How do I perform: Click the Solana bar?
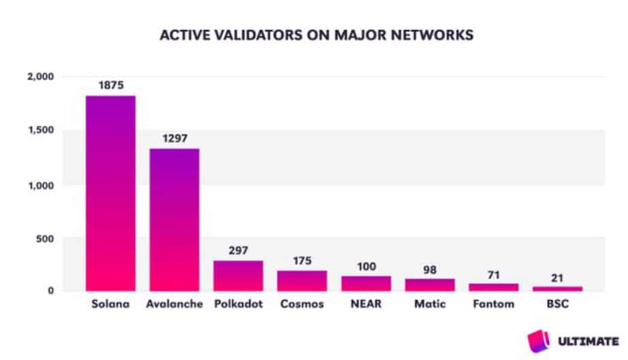tap(110, 193)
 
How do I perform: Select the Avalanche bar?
tap(175, 220)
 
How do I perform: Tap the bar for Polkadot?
tap(238, 276)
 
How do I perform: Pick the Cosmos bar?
tap(302, 280)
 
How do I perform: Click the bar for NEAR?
tap(366, 284)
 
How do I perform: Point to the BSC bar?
tap(557, 289)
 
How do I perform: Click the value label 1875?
tap(111, 85)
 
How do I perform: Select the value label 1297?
tap(175, 138)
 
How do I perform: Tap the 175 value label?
tap(302, 261)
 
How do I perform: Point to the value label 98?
tap(430, 269)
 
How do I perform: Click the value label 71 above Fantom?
tap(493, 275)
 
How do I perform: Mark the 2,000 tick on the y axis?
tap(40, 76)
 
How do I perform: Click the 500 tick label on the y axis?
tap(45, 239)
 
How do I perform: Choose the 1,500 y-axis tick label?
tap(41, 130)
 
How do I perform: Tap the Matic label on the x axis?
tap(430, 304)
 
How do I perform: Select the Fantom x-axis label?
tap(493, 304)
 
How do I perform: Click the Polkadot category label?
tap(238, 304)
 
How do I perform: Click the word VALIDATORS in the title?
tap(258, 35)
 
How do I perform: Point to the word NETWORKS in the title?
tap(432, 35)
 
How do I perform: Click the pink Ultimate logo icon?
tap(539, 341)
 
